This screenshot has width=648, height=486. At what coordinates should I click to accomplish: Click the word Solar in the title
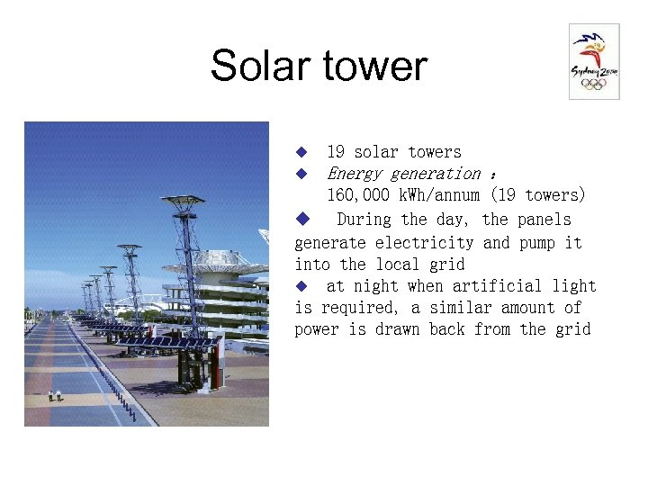coord(261,67)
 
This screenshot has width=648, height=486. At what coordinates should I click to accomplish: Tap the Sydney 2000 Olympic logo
coord(593,61)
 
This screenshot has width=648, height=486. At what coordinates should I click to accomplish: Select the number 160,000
coord(357,195)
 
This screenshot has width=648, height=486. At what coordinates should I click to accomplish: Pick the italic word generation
coord(436,174)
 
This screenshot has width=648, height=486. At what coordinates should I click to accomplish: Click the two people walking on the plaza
coord(55,394)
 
